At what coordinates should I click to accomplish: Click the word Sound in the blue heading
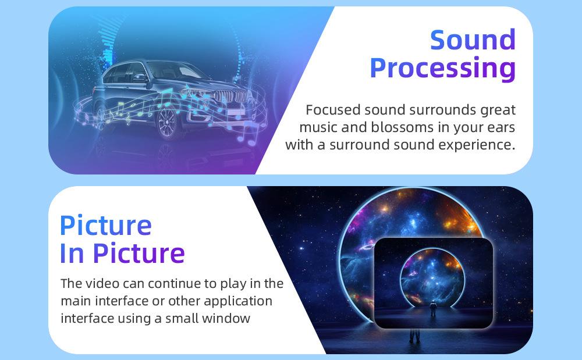[x=473, y=40]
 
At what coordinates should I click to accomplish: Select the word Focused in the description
[x=333, y=110]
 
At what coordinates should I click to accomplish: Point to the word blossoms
[x=402, y=127]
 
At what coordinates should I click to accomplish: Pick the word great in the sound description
[x=498, y=111]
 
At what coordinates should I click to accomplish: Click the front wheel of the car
[x=166, y=122]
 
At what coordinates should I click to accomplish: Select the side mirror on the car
[x=140, y=77]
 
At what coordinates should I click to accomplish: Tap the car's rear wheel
[x=100, y=117]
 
